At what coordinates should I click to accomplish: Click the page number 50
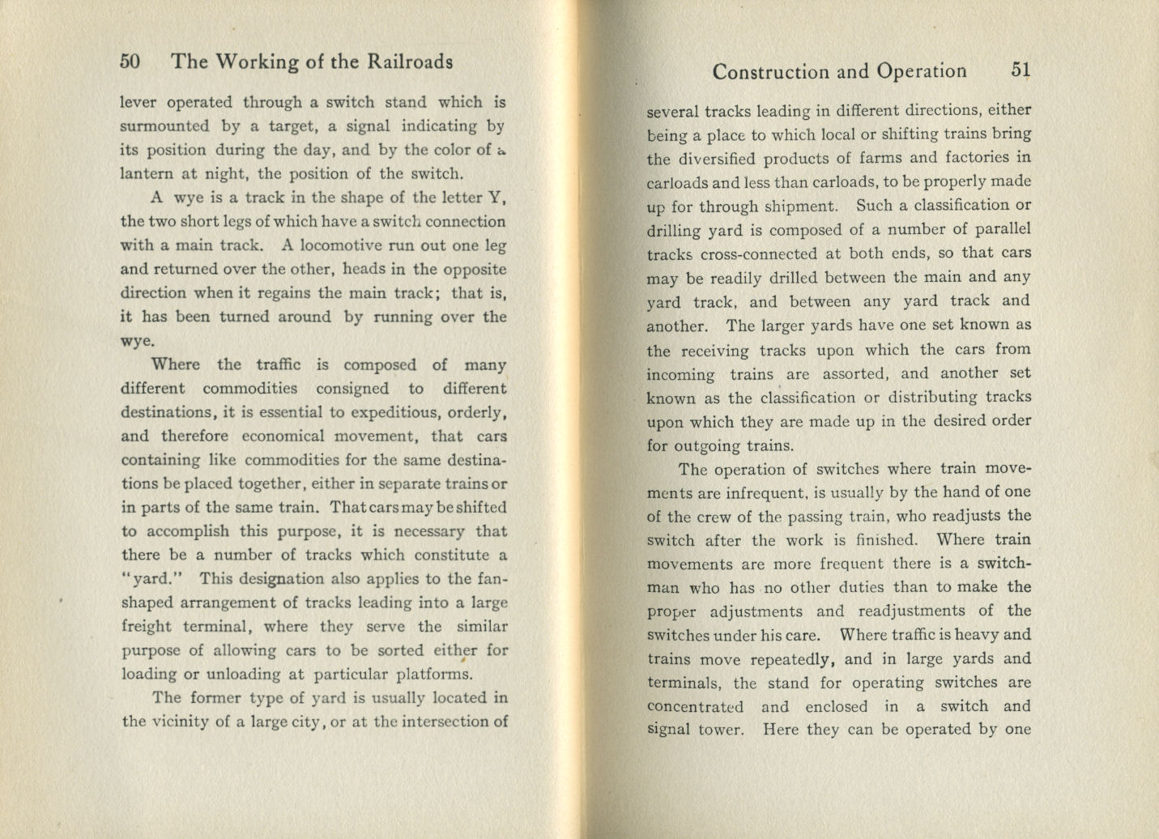tap(130, 62)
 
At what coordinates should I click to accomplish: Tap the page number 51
tap(1021, 70)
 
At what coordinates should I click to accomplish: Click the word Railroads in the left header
tap(411, 62)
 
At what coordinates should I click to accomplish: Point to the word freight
tap(146, 627)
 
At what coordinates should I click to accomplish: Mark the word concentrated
tap(696, 707)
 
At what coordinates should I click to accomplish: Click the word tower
tap(719, 730)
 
